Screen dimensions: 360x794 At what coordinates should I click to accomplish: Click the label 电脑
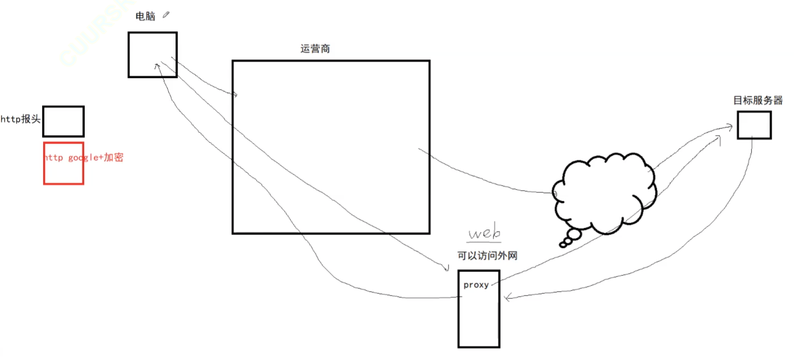point(145,17)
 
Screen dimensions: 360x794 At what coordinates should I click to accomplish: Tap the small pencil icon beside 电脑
point(165,16)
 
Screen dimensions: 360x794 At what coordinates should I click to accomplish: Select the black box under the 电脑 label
point(152,54)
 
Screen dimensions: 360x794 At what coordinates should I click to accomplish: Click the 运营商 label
point(315,49)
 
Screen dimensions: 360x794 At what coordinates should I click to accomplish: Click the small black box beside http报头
point(63,121)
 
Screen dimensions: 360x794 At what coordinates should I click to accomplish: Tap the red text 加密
point(113,158)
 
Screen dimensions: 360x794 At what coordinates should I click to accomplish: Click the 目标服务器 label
point(758,101)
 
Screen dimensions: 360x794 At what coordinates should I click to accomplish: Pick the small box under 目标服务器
point(754,124)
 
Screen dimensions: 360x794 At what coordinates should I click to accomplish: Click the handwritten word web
point(484,233)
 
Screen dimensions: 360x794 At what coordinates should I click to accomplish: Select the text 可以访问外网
point(487,256)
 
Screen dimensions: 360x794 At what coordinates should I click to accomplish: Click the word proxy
point(476,285)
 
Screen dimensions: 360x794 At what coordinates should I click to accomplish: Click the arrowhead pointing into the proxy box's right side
point(506,298)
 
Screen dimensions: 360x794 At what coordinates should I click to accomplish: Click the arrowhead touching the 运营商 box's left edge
point(235,95)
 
